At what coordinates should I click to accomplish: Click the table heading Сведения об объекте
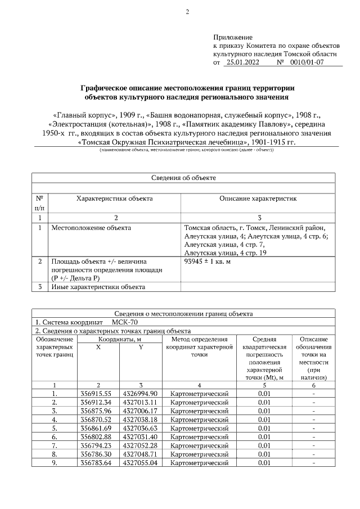pyautogui.click(x=183, y=178)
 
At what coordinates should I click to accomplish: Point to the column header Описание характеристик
pyautogui.click(x=258, y=199)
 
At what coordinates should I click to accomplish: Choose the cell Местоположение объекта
pyautogui.click(x=91, y=228)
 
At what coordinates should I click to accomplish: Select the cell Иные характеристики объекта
pyautogui.click(x=98, y=287)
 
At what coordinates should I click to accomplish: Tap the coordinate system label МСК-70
pyautogui.click(x=124, y=323)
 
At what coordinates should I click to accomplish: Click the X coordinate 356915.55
pyautogui.click(x=98, y=393)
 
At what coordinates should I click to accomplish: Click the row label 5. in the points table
pyautogui.click(x=55, y=428)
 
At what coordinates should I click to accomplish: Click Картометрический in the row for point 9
pyautogui.click(x=199, y=463)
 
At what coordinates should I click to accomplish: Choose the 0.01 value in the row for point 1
pyautogui.click(x=264, y=393)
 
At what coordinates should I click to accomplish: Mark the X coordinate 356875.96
pyautogui.click(x=98, y=411)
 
